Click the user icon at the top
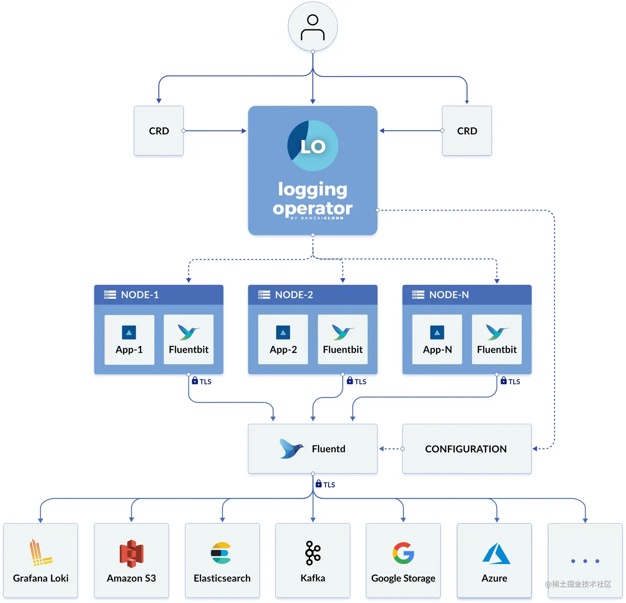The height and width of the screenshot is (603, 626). click(x=313, y=27)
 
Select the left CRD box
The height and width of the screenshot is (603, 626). click(x=159, y=131)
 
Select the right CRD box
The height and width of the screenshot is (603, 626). click(x=467, y=131)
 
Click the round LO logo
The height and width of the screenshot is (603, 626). click(x=313, y=146)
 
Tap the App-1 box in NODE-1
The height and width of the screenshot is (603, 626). click(x=129, y=340)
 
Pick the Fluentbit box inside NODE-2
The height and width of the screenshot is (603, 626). click(x=342, y=340)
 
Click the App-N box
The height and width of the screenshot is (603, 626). click(x=437, y=340)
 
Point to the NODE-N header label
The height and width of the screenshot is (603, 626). click(x=449, y=295)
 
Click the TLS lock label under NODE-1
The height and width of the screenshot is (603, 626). click(x=202, y=381)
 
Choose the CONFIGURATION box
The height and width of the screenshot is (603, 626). click(x=467, y=449)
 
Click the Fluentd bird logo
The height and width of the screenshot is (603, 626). click(x=291, y=449)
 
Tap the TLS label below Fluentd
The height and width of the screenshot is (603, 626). click(x=325, y=484)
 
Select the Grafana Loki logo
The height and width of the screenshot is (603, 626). click(x=40, y=553)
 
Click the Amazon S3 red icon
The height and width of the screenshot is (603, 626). click(x=131, y=553)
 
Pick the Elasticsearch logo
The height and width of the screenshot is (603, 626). click(x=222, y=553)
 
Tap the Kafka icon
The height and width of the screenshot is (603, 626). click(x=313, y=553)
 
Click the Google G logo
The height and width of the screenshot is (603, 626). click(x=403, y=553)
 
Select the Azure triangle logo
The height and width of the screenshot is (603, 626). click(x=496, y=553)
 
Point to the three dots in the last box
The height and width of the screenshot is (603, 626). click(x=585, y=561)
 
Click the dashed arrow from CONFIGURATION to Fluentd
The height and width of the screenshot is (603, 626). click(x=390, y=449)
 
